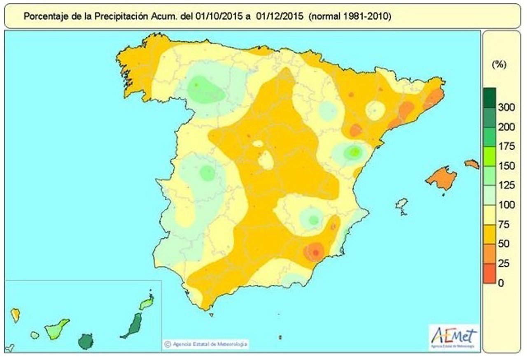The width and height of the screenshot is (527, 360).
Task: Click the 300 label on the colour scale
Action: [506, 108]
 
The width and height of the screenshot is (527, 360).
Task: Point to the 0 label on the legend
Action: [501, 283]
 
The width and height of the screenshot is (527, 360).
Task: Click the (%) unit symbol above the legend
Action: [499, 65]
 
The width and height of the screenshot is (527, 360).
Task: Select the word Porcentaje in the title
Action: [44, 16]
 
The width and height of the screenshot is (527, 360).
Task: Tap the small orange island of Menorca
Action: [472, 164]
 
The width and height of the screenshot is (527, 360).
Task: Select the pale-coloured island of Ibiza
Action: [401, 204]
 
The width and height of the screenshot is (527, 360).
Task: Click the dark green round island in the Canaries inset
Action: [86, 341]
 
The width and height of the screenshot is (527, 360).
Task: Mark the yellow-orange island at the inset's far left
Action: [15, 315]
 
